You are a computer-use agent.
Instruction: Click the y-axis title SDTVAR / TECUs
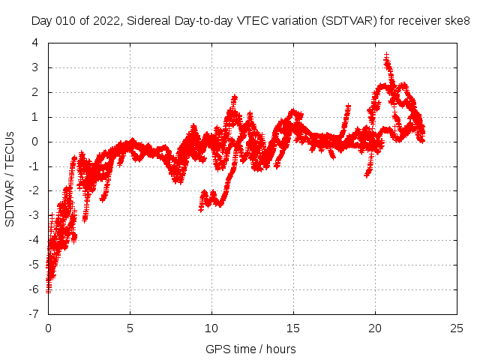(x=10, y=178)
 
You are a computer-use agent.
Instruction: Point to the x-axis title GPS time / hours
(x=250, y=349)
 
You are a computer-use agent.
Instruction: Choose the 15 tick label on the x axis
(x=293, y=328)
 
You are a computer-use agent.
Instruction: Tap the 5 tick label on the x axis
(x=130, y=328)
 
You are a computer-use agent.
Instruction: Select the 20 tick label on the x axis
(x=375, y=328)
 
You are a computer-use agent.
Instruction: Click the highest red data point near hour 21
(x=386, y=55)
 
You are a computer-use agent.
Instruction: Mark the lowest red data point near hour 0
(x=49, y=290)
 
